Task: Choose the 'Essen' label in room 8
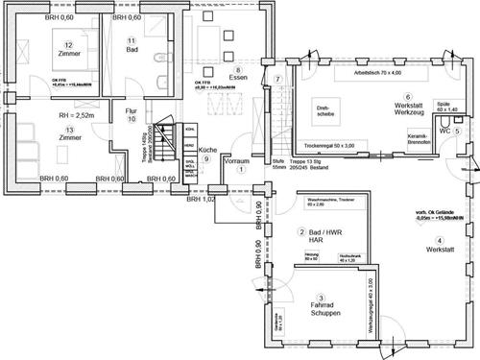point(237,81)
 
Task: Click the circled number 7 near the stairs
point(276,79)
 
